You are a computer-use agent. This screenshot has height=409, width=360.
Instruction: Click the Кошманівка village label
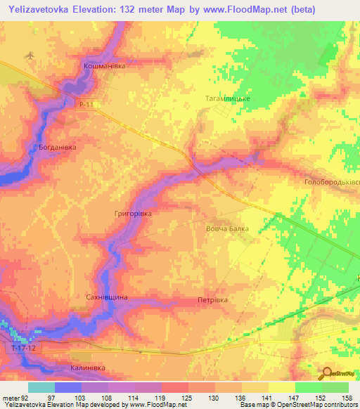(x=105, y=65)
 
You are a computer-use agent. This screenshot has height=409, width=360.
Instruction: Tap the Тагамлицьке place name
(x=227, y=99)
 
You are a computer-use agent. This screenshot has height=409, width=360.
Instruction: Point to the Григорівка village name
(x=133, y=212)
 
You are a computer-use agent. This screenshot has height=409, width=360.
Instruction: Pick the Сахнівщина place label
(x=105, y=298)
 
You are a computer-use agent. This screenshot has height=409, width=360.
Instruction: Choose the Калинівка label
(x=88, y=368)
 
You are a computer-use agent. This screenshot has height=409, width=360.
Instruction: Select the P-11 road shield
(x=86, y=104)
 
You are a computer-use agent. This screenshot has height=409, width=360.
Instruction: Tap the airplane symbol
(x=29, y=56)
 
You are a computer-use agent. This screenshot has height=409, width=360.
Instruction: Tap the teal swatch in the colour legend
(x=41, y=387)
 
